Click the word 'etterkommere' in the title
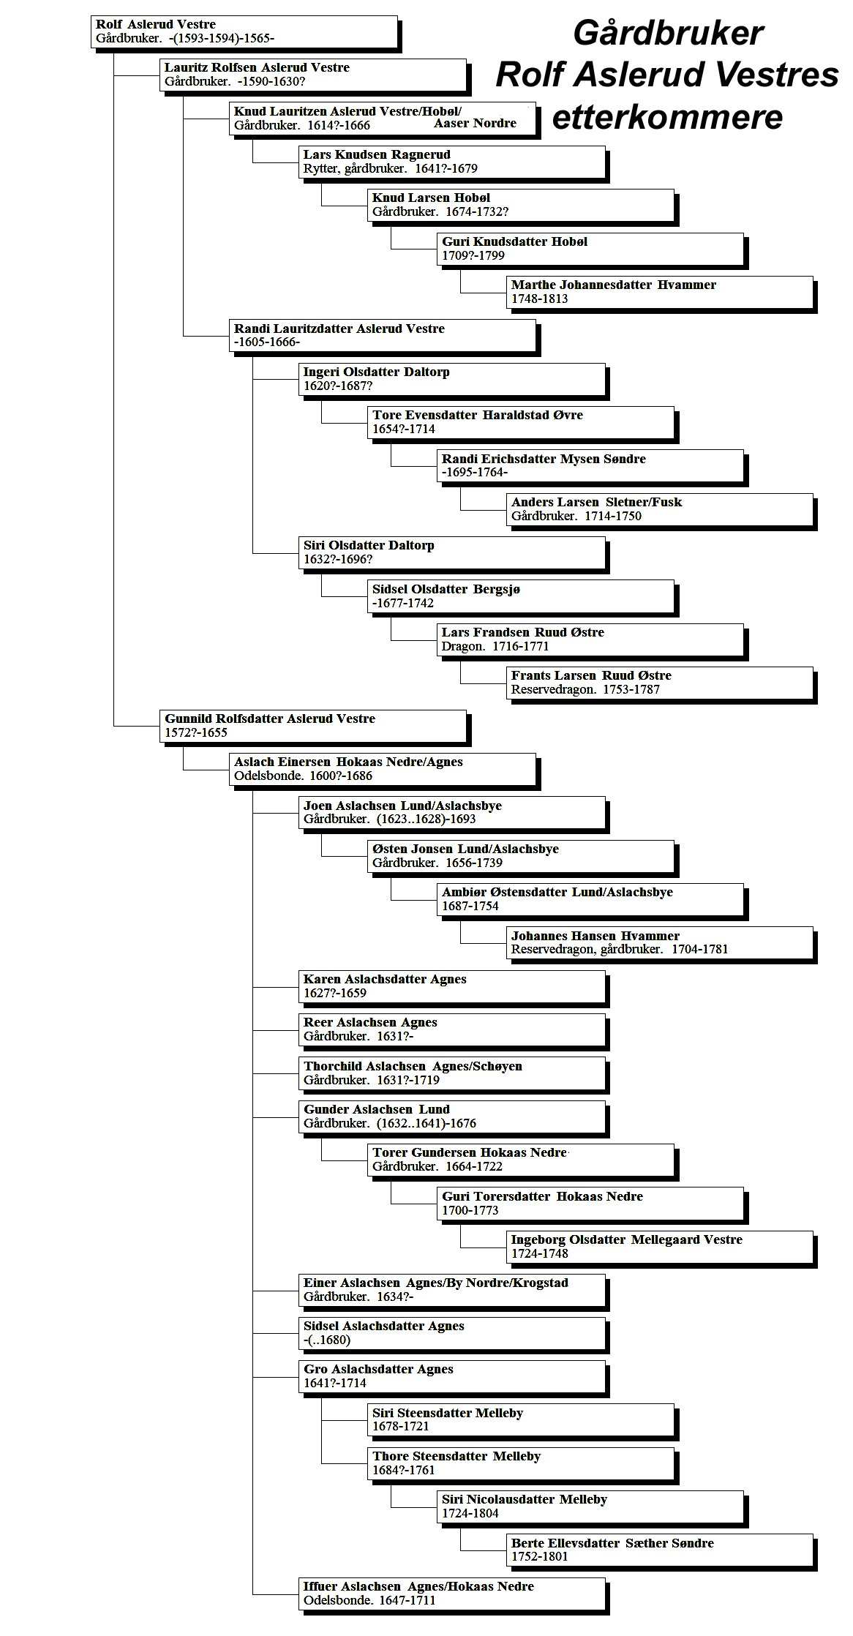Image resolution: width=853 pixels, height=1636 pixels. coord(667,117)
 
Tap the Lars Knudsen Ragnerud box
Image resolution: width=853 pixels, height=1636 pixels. coord(454,162)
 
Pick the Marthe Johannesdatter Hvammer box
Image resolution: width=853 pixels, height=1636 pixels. coord(660,293)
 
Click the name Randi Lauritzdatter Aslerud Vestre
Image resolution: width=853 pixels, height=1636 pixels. coord(339,329)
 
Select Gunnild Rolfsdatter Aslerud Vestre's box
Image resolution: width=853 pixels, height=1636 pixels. coord(313,727)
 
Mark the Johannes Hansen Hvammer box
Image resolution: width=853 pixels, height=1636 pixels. coord(660,943)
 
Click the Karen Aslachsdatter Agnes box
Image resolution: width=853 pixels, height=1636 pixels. coord(454,987)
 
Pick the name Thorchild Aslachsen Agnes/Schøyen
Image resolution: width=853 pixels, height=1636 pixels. coord(413,1066)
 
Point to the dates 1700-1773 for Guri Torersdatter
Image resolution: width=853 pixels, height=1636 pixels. coord(470,1210)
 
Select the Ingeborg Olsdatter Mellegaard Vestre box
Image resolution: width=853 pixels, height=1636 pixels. coord(660,1247)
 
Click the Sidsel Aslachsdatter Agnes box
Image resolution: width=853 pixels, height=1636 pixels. coord(454,1334)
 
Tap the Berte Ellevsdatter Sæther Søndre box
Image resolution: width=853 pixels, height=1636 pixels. coord(660,1550)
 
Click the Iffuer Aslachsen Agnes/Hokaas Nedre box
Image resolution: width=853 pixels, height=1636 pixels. coord(454,1594)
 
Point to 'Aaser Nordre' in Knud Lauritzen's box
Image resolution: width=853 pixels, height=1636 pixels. coord(475,123)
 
